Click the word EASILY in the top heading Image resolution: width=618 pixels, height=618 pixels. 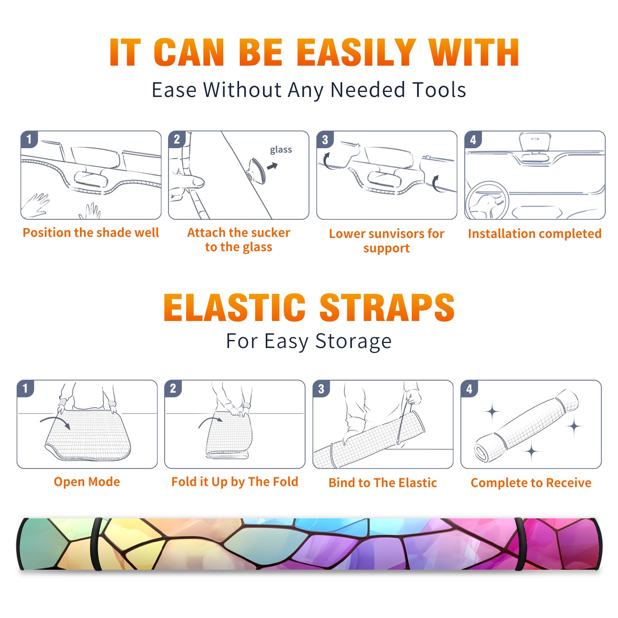[357, 53]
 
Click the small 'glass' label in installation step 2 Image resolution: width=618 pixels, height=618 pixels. [281, 150]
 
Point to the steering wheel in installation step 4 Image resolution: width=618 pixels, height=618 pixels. [487, 201]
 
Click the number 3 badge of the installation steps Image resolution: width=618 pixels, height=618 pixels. [325, 139]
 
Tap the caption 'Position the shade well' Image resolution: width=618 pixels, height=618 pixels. [91, 233]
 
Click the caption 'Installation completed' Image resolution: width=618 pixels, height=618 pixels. [535, 234]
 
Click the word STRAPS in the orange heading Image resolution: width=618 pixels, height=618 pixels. [387, 307]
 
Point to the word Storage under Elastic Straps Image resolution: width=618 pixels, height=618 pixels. [353, 341]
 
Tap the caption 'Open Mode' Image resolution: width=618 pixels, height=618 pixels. [87, 482]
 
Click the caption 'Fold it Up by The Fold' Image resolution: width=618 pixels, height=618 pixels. [235, 482]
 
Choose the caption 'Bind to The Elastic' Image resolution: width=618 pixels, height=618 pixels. [383, 483]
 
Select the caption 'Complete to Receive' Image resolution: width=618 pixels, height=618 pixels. [531, 483]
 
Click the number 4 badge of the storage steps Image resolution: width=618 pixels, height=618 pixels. [469, 389]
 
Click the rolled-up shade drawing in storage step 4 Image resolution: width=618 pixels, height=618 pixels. [526, 426]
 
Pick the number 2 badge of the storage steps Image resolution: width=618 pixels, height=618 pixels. [173, 389]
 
